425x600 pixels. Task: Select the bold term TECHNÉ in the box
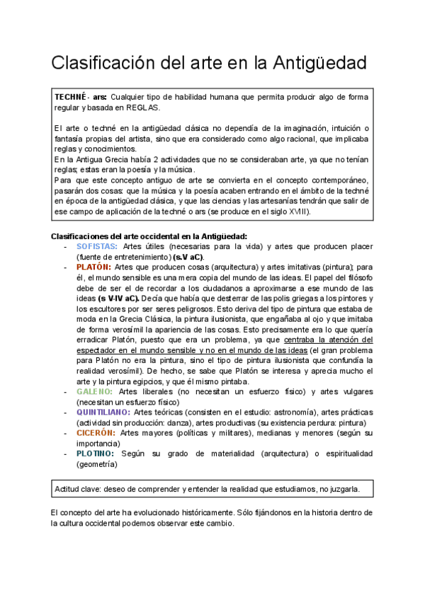point(70,96)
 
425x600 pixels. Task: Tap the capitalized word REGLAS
point(143,108)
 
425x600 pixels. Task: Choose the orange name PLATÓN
point(93,267)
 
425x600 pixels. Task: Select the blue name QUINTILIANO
point(103,411)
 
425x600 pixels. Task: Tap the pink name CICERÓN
point(96,432)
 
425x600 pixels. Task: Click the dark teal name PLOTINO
point(96,453)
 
